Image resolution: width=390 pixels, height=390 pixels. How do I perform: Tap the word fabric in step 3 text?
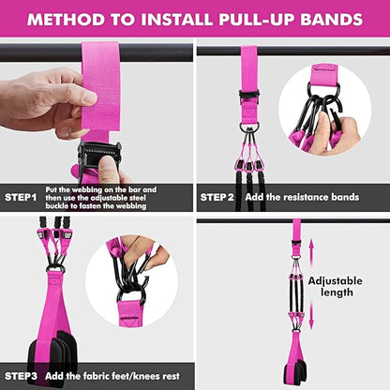pos(105,376)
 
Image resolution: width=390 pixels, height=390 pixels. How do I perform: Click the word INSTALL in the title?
pos(155,19)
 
